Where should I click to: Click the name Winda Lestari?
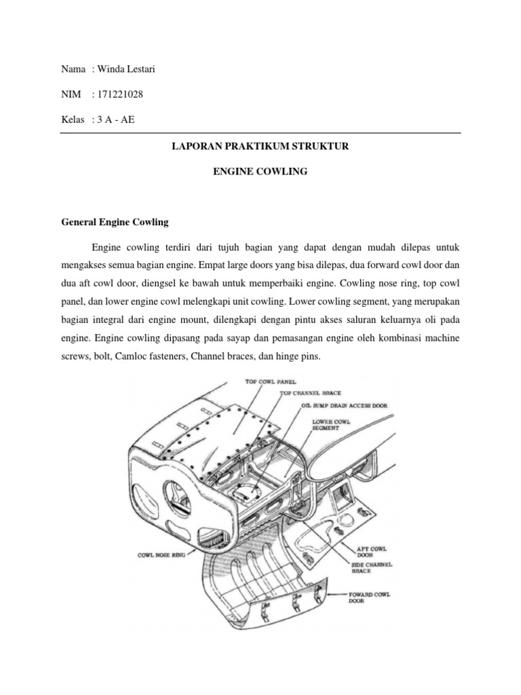pos(122,69)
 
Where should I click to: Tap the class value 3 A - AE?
pos(117,120)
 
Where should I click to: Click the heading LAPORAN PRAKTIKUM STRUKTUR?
pos(260,146)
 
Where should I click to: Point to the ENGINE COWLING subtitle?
pos(260,172)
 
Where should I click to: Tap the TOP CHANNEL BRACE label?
pos(310,393)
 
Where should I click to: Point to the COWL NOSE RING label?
pos(163,555)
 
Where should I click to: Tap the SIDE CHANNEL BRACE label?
pos(371,567)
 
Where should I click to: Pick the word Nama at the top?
pos(73,69)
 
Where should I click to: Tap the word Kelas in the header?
pos(73,120)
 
